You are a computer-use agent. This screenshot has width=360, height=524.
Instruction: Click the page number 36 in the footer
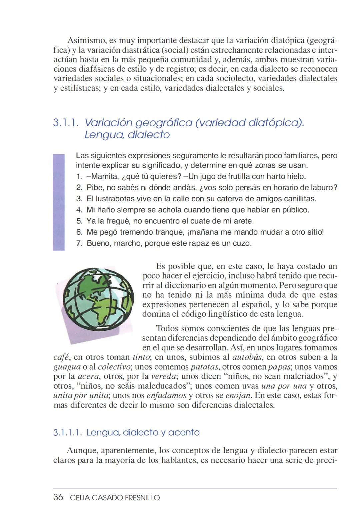58,497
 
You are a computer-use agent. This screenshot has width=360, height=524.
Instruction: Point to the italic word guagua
67,367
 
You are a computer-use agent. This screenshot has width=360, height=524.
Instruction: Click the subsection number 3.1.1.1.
68,433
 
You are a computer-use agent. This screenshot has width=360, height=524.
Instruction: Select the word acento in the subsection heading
184,433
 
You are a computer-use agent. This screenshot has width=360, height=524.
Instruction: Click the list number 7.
79,243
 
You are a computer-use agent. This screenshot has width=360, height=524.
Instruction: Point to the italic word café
61,357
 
